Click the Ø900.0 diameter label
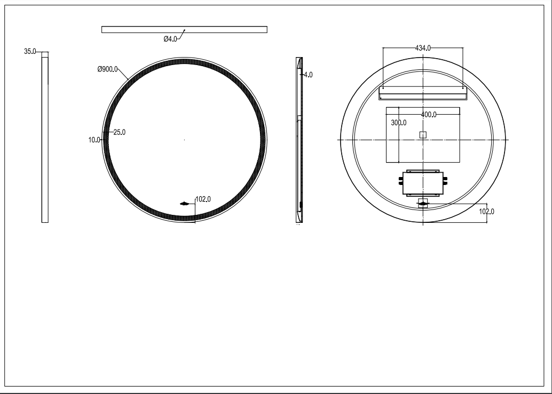[107, 69]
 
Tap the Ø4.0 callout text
[170, 39]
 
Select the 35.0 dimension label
[30, 51]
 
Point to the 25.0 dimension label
[120, 132]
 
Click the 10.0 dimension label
[94, 140]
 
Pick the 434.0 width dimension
[423, 48]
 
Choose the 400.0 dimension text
[429, 115]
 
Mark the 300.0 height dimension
[398, 123]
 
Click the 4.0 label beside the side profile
[308, 75]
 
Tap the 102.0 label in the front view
[203, 199]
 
